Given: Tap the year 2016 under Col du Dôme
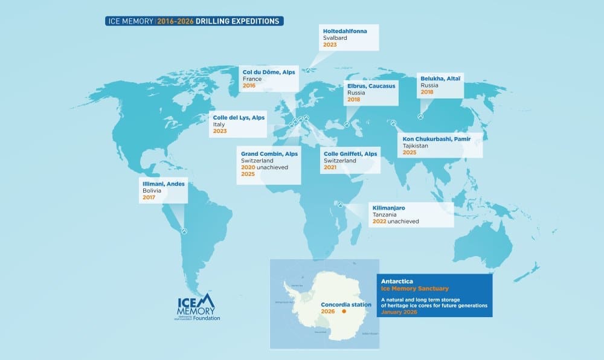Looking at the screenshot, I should tap(249, 86).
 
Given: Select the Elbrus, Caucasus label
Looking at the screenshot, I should tap(371, 86).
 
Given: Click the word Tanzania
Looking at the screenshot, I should tap(388, 215).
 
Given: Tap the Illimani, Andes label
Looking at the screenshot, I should tap(162, 184).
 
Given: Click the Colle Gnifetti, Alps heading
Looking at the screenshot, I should tap(350, 153).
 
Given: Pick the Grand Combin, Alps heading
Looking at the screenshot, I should tap(269, 153).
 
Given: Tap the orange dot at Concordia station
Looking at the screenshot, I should tap(344, 313).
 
